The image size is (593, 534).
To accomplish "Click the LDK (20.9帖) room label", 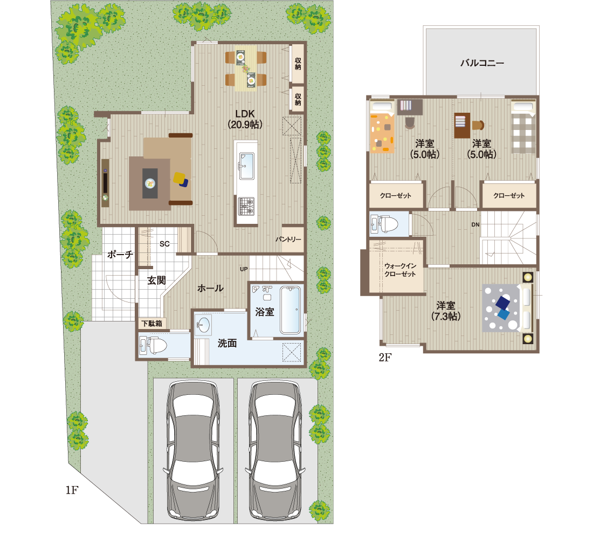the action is (245, 119).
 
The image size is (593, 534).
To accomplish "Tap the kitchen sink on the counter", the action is (246, 166).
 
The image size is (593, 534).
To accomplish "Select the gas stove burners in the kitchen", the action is (246, 206).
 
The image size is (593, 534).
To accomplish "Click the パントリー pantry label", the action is (288, 239).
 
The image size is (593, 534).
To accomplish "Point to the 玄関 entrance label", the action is (156, 280).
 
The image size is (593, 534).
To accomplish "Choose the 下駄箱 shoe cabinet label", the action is (152, 323).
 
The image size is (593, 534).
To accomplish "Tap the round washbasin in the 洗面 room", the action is (203, 325).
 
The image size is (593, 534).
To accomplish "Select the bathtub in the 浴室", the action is (291, 310).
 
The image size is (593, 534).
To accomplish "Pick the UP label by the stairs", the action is (244, 269).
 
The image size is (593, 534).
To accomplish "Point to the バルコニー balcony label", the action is (482, 63).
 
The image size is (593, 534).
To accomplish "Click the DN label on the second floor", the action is (475, 224).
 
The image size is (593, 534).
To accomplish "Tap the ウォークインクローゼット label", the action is (400, 270).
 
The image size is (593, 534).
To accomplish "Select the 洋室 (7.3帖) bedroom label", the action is (446, 311).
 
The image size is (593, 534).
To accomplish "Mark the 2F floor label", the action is (385, 357).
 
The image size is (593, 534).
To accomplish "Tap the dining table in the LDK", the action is (246, 69).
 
